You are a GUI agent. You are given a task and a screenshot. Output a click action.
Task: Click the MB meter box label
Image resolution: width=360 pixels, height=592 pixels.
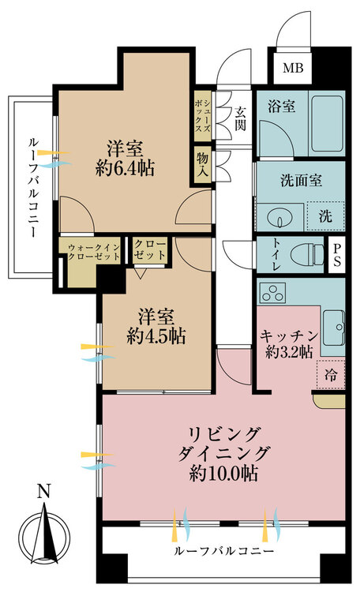coord(293,69)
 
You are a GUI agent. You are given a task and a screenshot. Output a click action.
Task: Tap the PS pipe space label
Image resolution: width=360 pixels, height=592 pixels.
coord(336,254)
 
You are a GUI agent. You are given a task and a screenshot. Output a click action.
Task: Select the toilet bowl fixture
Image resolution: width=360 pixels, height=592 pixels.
coord(309,253)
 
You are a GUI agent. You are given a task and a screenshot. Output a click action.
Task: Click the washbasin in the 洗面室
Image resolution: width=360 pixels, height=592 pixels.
coord(280,218)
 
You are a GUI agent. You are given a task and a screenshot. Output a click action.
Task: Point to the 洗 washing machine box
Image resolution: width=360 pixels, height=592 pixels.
coord(325,216)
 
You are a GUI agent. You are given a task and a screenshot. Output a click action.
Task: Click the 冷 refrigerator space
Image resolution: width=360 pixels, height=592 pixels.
coord(331,374)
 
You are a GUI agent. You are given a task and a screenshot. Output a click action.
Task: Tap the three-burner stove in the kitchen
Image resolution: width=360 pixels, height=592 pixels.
coord(272,293)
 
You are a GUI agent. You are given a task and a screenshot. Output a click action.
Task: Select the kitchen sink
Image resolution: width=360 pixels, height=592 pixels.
coord(334,328)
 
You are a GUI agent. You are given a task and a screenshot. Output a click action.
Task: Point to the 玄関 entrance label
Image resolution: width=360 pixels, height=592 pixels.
coord(240,119)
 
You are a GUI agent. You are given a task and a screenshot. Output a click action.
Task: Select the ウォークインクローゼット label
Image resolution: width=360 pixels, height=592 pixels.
coord(94,252)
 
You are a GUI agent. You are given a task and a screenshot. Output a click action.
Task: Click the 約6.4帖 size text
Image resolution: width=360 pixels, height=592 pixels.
coord(125,168)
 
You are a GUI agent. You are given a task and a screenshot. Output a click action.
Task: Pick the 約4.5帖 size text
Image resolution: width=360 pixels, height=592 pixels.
coord(156,335)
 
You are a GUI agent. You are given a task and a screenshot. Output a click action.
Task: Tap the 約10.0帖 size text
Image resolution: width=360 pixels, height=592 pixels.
coord(223,473)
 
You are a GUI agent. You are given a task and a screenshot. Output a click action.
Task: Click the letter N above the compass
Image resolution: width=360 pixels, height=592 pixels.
coord(44,491)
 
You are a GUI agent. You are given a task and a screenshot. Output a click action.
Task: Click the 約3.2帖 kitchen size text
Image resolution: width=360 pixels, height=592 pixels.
coord(289,352)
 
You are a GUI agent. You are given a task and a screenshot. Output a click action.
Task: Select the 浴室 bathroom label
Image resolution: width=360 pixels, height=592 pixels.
coord(281,107)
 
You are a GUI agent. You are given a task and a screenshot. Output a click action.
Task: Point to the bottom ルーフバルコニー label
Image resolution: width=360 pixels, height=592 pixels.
coord(223,551)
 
